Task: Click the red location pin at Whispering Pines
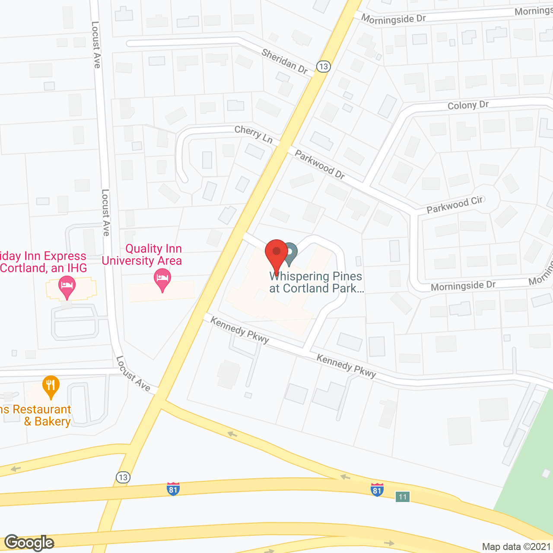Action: pyautogui.click(x=276, y=253)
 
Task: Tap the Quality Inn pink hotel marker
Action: pyautogui.click(x=162, y=279)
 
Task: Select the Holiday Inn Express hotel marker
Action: pyautogui.click(x=67, y=286)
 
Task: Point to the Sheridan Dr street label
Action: pyautogui.click(x=285, y=61)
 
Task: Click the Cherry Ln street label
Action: pyautogui.click(x=254, y=134)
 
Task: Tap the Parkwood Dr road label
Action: pyautogui.click(x=320, y=164)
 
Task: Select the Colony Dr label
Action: pyautogui.click(x=468, y=105)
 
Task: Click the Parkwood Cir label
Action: pyautogui.click(x=454, y=204)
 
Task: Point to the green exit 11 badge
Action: pyautogui.click(x=403, y=497)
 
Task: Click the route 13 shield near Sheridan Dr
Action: pyautogui.click(x=323, y=67)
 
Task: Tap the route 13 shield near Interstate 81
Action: pyautogui.click(x=123, y=477)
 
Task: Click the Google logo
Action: pyautogui.click(x=29, y=543)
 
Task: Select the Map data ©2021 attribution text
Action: pyautogui.click(x=517, y=547)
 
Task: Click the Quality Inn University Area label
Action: pyautogui.click(x=142, y=254)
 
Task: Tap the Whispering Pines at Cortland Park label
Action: pyautogui.click(x=316, y=282)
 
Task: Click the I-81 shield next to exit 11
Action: pyautogui.click(x=377, y=489)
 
